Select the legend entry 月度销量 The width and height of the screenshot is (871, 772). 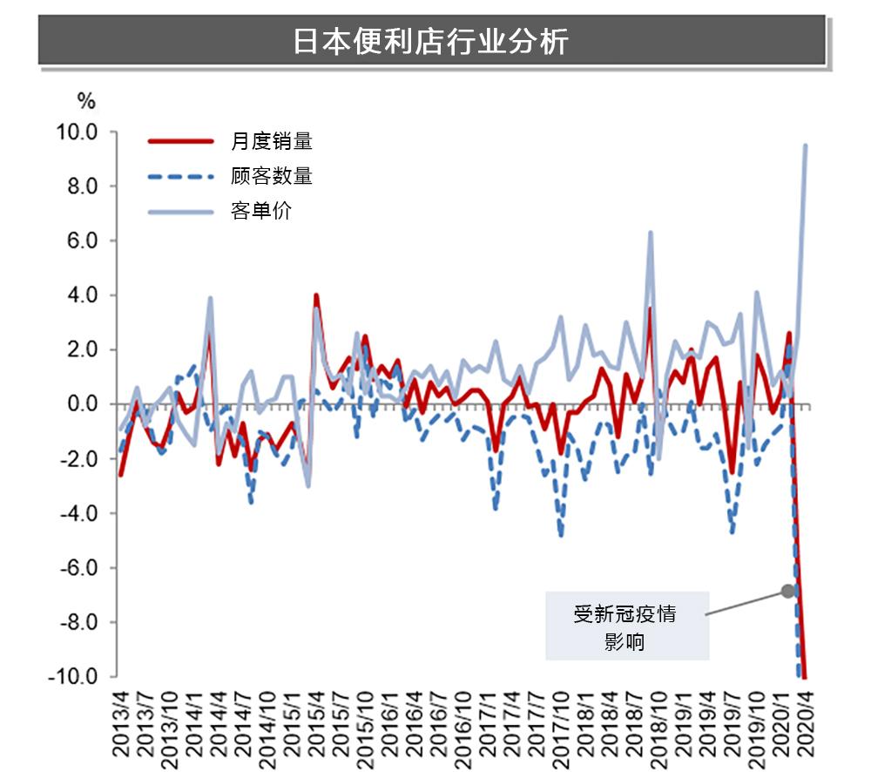[x=271, y=141]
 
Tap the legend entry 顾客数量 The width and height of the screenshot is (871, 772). [x=271, y=176]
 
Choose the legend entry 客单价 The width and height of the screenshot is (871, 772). [x=261, y=211]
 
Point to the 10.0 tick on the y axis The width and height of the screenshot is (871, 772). [x=78, y=132]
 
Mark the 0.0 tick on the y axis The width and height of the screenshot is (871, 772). [x=82, y=404]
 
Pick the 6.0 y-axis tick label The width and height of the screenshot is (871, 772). [x=82, y=241]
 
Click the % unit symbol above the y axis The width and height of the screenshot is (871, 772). [x=86, y=101]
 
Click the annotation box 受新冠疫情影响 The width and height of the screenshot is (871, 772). [x=626, y=626]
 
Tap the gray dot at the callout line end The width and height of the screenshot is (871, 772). [x=787, y=591]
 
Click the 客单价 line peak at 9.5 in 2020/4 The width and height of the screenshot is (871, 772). [x=806, y=146]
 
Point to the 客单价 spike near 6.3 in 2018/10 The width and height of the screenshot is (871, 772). [x=651, y=233]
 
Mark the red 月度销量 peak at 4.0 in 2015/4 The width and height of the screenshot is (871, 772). [x=316, y=295]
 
